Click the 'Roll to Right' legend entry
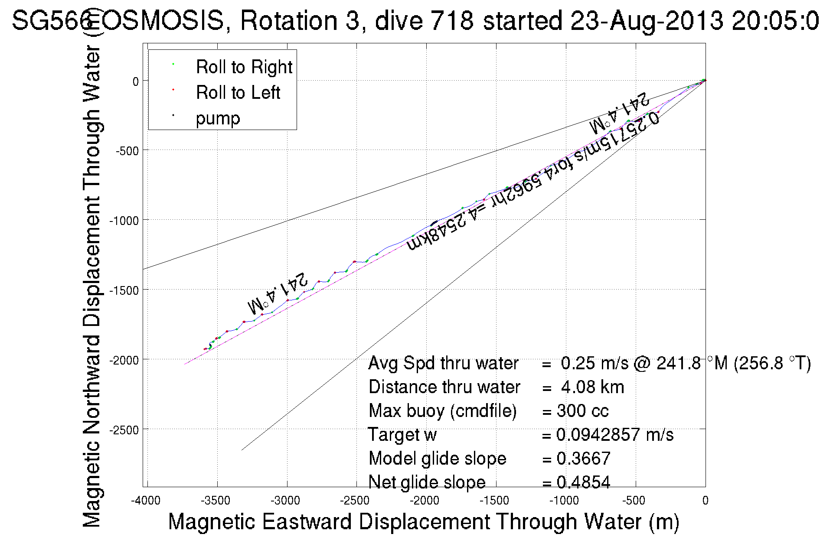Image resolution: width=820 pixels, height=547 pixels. point(244,67)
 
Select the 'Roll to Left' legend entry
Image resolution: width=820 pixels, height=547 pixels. point(238,93)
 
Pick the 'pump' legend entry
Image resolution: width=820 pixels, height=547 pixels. point(218,118)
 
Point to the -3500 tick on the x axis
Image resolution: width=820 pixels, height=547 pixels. point(217,501)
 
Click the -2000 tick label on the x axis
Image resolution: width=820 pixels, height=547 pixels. point(425,501)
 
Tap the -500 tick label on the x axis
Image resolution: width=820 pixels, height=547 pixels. point(634,501)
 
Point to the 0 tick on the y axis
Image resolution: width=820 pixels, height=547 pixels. point(136,81)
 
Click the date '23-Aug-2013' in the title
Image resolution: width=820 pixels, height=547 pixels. point(647,21)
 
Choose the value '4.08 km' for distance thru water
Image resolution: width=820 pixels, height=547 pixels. point(592,387)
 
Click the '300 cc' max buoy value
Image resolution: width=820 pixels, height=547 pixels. point(582,411)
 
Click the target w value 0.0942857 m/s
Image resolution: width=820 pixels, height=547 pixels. point(614,435)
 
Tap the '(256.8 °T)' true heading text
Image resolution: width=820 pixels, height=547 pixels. point(772,363)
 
